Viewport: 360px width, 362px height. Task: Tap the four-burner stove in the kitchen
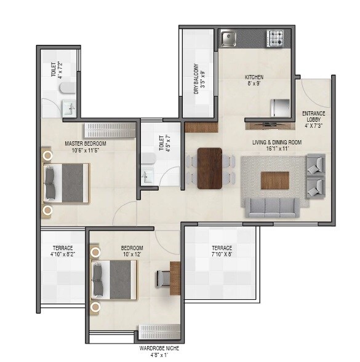(x=275, y=39)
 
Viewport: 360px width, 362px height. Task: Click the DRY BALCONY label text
(x=196, y=78)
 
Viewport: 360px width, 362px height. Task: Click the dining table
(x=210, y=168)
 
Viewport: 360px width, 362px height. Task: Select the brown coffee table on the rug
(x=274, y=180)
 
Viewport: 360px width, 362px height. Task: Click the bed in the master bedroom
(x=66, y=183)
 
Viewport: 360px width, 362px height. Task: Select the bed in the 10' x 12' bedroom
(x=114, y=280)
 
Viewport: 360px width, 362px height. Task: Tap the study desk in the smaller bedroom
(x=175, y=278)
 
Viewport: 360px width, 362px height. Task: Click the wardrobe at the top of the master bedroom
(x=110, y=130)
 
